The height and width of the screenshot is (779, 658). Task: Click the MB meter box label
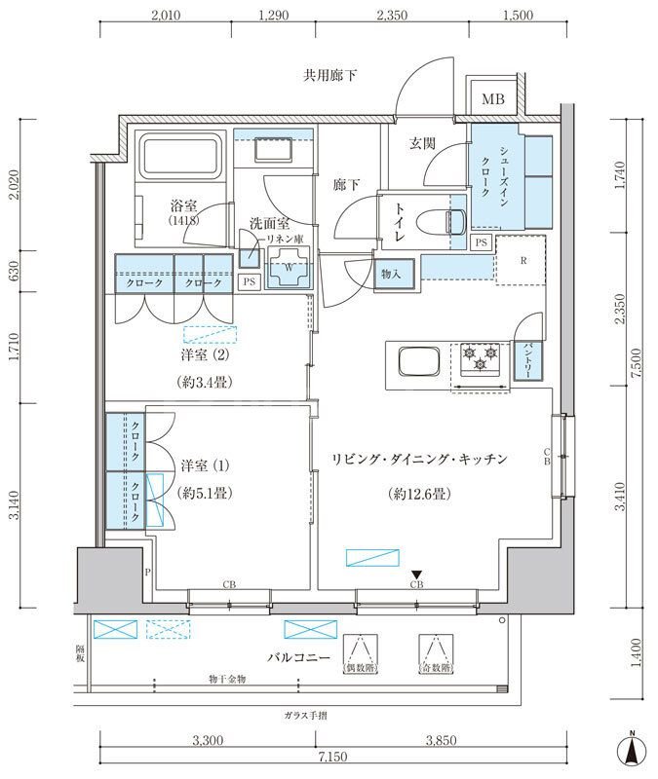(493, 99)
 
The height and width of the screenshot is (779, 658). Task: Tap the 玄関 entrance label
(421, 143)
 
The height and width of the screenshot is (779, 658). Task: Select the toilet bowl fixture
(454, 221)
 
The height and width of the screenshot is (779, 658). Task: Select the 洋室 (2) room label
(204, 356)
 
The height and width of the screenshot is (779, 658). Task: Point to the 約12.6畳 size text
(416, 494)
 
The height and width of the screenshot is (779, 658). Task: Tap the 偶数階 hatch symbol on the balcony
(360, 653)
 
